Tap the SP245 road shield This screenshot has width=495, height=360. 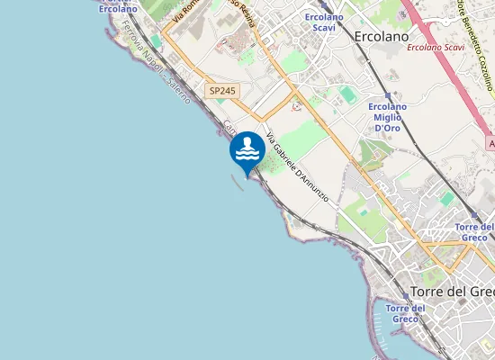click(220, 91)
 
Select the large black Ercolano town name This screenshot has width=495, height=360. click(382, 37)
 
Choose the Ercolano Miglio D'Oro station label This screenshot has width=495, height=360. click(388, 117)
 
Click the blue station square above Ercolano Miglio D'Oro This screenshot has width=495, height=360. click(388, 95)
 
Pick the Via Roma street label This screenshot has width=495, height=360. click(185, 11)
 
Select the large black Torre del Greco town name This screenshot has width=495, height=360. click(452, 291)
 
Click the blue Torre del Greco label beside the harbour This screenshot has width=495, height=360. click(404, 313)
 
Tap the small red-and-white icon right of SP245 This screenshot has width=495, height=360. click(296, 105)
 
